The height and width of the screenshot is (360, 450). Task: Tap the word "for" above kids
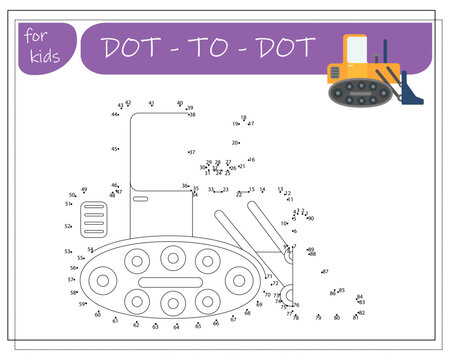tap(36, 35)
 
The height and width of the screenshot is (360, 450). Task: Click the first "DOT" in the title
tap(129, 46)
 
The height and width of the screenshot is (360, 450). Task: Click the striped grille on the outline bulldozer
tap(95, 216)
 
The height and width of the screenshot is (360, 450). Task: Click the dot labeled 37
tap(187, 153)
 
